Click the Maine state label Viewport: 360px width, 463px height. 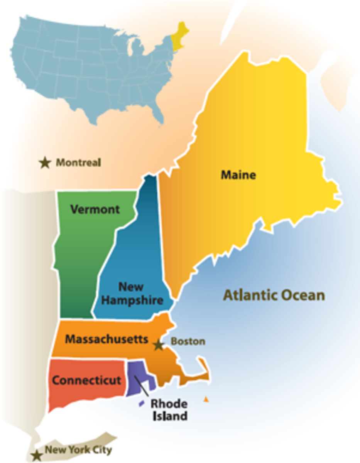click(x=238, y=175)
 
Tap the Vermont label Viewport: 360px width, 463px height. click(x=95, y=210)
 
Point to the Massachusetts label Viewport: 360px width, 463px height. click(x=106, y=339)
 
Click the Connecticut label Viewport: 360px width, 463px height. click(x=86, y=380)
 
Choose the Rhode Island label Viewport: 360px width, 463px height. click(x=169, y=410)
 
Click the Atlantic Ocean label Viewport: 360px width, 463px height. click(x=274, y=296)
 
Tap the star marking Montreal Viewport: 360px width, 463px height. click(x=45, y=163)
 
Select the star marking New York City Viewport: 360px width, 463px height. click(x=37, y=455)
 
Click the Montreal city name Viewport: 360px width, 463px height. click(x=79, y=163)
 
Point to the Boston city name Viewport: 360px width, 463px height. click(x=188, y=341)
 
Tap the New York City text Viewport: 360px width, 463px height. click(x=78, y=450)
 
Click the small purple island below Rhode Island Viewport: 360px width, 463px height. click(x=142, y=404)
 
